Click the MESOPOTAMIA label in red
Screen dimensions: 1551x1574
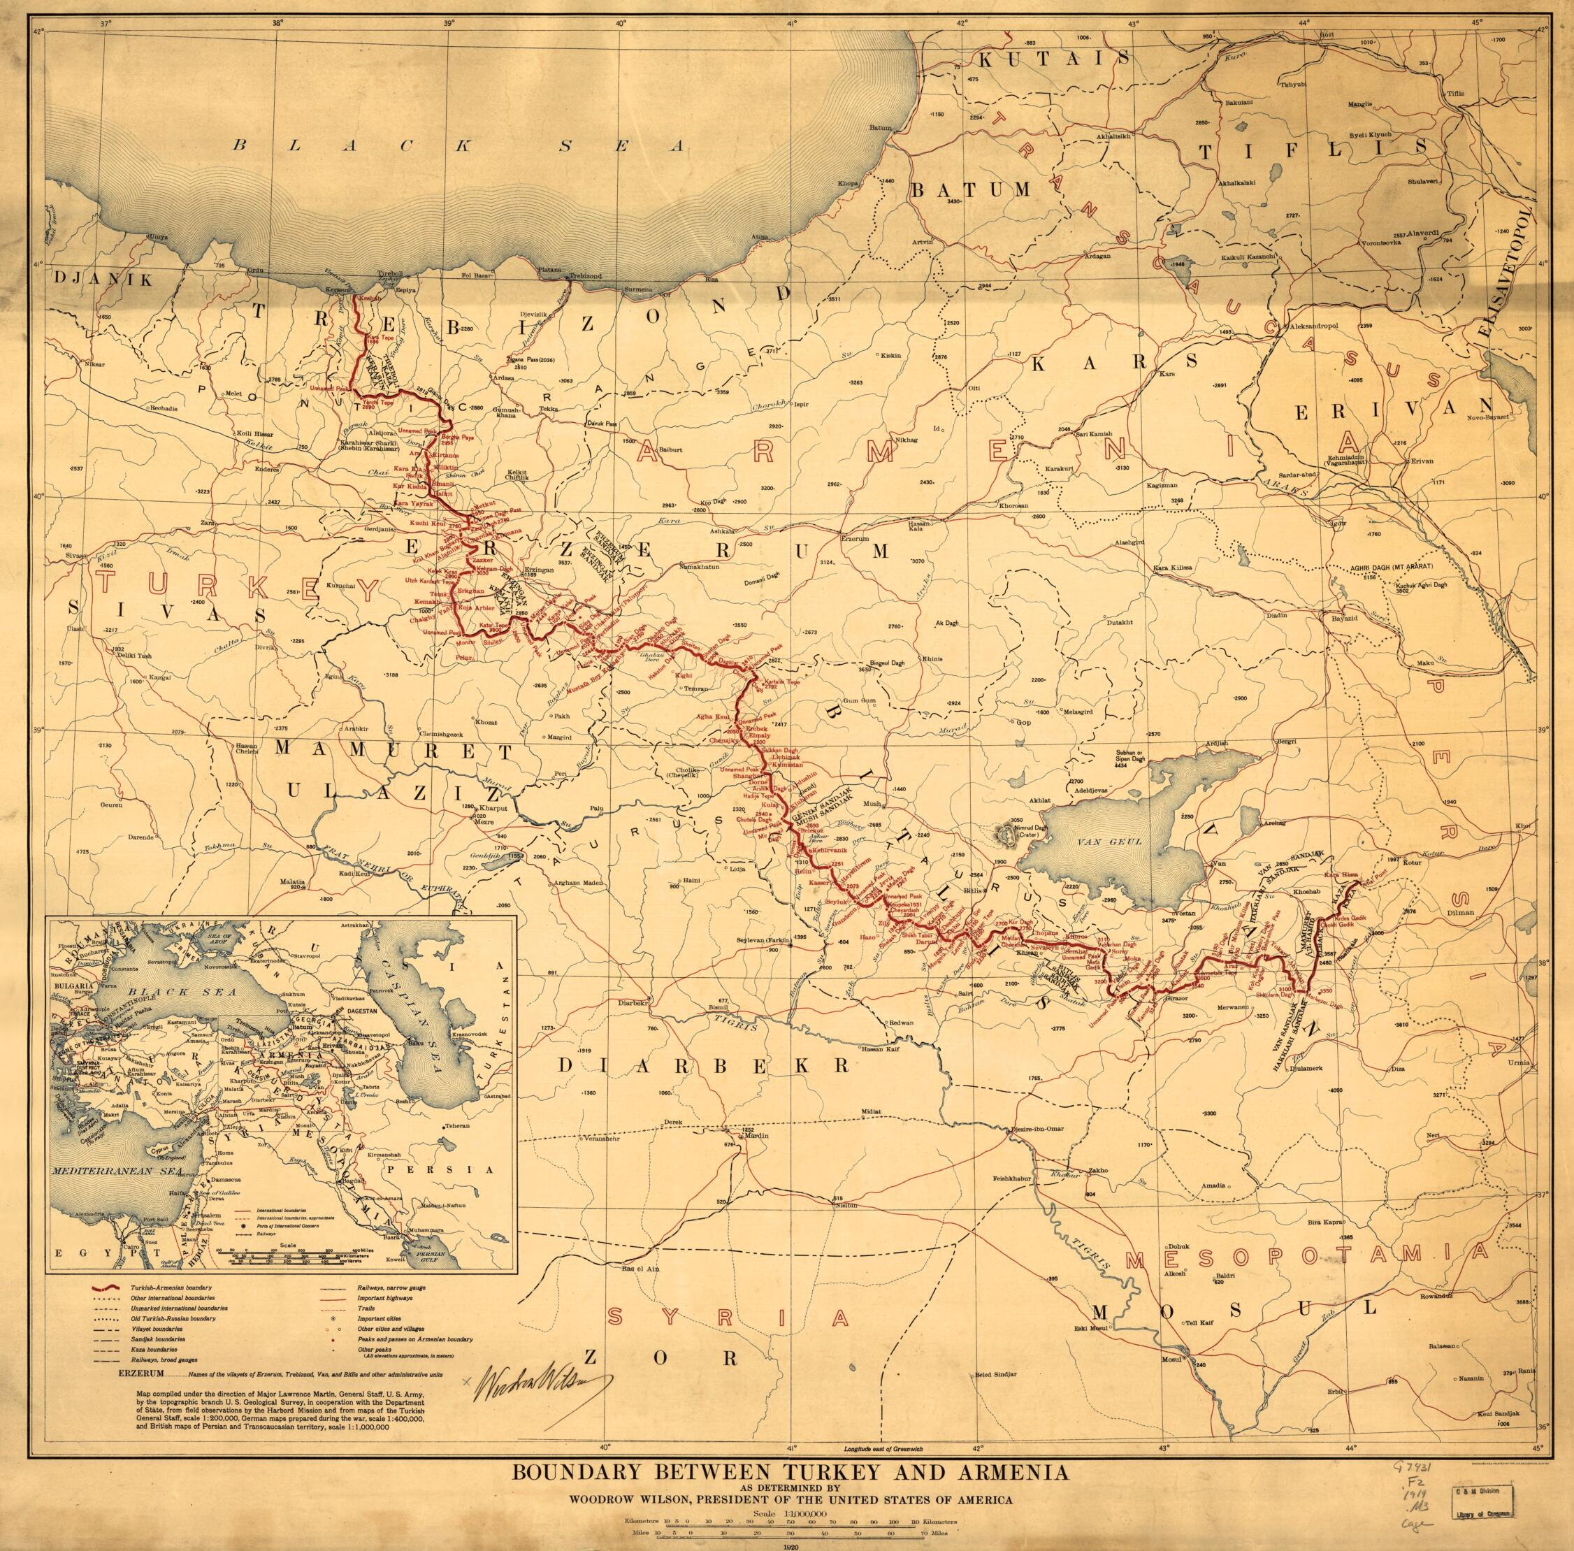1344,1261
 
